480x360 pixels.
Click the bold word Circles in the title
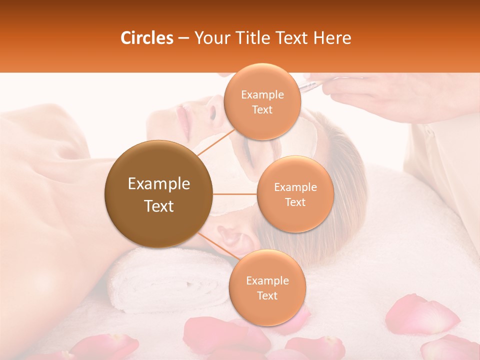[146, 37]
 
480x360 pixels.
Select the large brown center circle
[159, 194]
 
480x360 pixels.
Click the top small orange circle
[262, 101]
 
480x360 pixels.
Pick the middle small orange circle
[295, 194]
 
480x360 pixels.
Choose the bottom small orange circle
[267, 287]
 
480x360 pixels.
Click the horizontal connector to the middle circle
[235, 194]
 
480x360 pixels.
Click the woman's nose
[212, 111]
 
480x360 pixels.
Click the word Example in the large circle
[159, 184]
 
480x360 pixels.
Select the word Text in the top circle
[262, 109]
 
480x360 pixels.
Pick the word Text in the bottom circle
[267, 295]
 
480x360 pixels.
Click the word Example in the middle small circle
[295, 187]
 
